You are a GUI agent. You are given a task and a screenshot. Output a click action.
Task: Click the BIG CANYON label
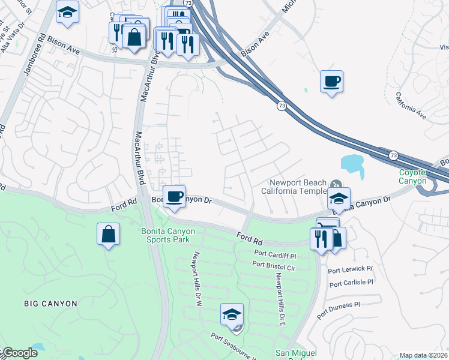[x=51, y=304]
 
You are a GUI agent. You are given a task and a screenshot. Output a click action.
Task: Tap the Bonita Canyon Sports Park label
[x=165, y=235]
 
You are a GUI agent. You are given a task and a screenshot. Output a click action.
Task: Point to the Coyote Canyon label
[x=413, y=176]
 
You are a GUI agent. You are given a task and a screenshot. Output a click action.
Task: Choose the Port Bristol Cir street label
[x=275, y=264]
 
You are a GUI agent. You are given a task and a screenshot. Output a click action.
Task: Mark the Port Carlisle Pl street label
[x=351, y=283]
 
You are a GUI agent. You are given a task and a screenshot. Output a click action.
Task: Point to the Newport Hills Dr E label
[x=279, y=296]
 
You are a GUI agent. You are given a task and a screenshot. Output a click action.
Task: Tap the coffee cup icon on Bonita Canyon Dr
[x=174, y=197]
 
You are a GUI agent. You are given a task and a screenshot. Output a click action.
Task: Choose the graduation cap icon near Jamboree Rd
[x=68, y=11]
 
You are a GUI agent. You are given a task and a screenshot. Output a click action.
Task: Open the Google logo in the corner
[x=19, y=353]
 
